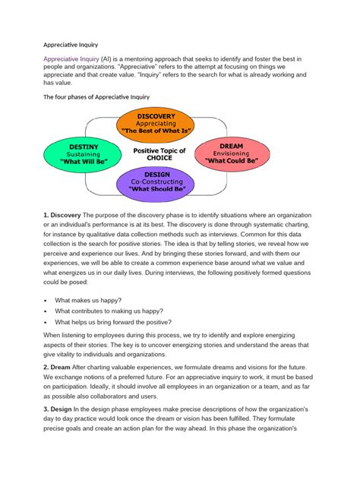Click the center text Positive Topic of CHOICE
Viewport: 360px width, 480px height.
pyautogui.click(x=159, y=153)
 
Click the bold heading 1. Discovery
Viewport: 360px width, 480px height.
pyautogui.click(x=62, y=219)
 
